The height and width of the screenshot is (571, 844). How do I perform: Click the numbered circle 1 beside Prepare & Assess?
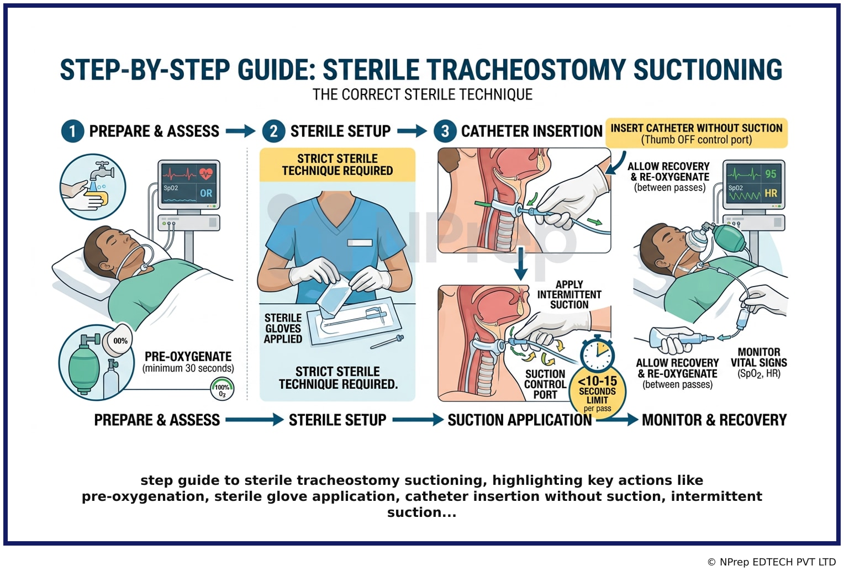72,131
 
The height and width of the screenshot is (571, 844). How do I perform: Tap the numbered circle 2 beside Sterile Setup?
273,131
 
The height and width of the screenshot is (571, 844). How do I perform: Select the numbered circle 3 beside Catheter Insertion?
445,131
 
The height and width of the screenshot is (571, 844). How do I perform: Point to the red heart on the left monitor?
206,173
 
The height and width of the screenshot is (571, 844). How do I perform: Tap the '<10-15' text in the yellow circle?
597,381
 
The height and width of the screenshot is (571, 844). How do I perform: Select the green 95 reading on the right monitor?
771,173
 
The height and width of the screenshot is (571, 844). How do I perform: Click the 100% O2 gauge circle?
222,389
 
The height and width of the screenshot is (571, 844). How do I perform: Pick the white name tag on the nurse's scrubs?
360,242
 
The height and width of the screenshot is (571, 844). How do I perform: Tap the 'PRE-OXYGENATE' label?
188,356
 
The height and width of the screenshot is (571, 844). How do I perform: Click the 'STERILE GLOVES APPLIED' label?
283,329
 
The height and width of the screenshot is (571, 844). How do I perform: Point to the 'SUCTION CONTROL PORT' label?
545,384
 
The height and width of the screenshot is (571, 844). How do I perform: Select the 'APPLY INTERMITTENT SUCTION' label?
569,294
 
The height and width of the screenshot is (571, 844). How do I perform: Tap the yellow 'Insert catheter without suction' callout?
697,133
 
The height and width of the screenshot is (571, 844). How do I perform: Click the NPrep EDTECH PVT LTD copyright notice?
772,562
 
